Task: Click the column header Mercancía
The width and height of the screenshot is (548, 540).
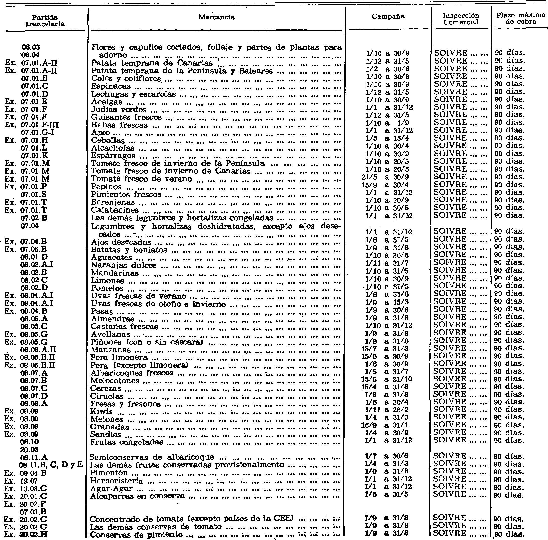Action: click(216, 17)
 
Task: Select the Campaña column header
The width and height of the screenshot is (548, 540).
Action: click(388, 16)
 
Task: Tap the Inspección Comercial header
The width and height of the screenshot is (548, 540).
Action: click(461, 19)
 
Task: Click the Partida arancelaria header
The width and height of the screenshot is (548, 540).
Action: click(45, 21)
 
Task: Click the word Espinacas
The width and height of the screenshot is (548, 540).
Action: click(111, 86)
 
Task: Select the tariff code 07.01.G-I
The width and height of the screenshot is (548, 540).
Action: click(38, 132)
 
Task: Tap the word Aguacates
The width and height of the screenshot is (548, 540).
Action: click(111, 258)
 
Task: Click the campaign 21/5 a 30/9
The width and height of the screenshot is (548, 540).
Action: click(385, 177)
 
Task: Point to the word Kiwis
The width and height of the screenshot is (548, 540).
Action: click(101, 411)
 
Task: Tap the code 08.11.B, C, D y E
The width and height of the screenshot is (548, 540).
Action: click(51, 465)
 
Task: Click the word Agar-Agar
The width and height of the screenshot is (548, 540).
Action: click(111, 488)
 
